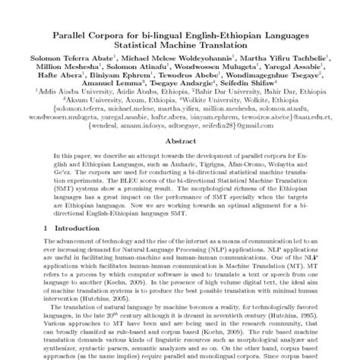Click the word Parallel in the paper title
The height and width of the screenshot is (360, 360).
pos(70,33)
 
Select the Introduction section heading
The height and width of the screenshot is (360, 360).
pos(70,250)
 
